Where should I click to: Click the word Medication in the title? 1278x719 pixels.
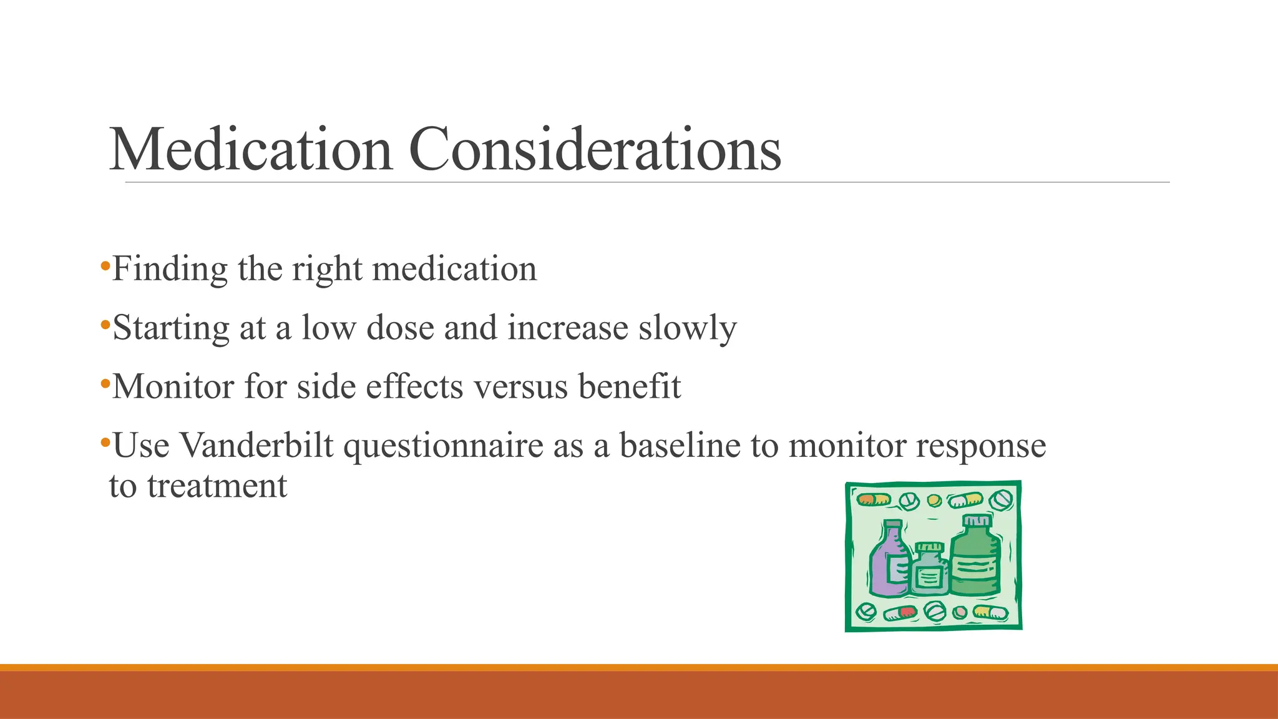[251, 149]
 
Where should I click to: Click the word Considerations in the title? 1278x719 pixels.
[594, 149]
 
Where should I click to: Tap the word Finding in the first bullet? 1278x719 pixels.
[170, 270]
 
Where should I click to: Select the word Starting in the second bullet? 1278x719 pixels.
[171, 328]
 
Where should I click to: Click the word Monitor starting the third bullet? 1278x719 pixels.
[173, 386]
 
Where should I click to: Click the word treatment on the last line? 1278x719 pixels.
[217, 486]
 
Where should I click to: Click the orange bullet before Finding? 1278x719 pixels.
[105, 268]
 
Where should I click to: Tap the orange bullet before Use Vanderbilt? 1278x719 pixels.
[105, 444]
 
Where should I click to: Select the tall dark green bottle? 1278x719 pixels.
[975, 559]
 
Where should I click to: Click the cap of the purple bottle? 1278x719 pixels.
[893, 524]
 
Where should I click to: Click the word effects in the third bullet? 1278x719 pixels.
[414, 386]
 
